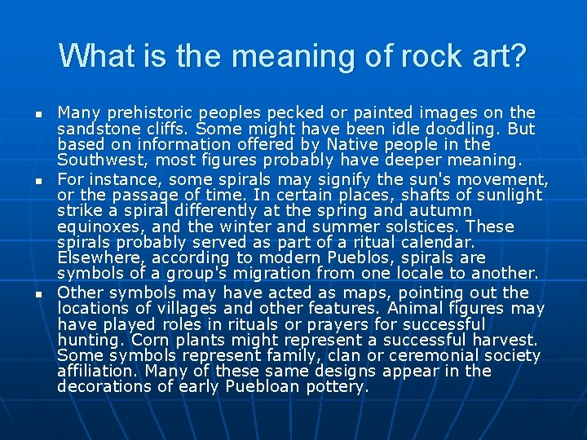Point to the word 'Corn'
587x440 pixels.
click(150, 340)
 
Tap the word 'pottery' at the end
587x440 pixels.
click(336, 388)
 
